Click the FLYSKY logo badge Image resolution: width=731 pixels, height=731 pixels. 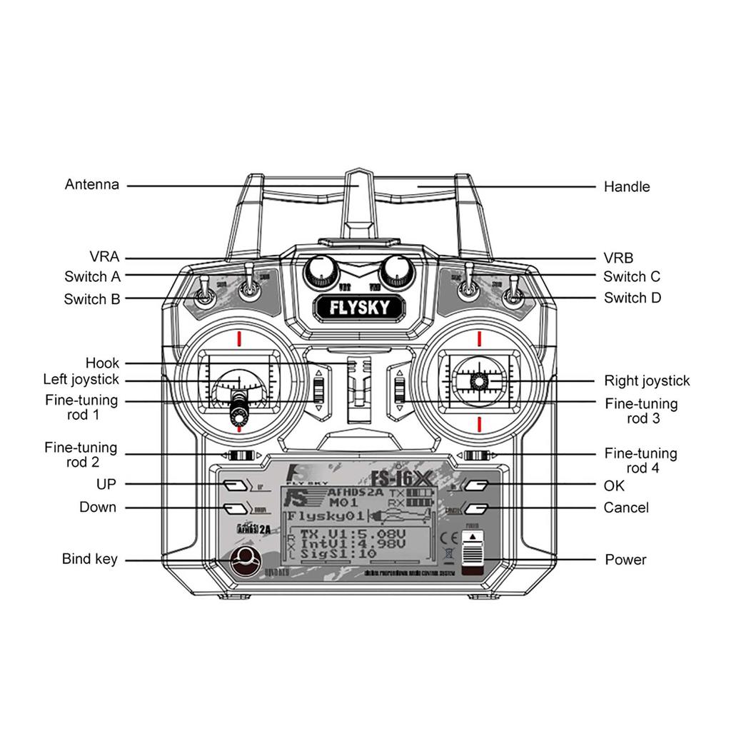pyautogui.click(x=359, y=308)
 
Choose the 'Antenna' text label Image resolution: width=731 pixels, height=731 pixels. pyautogui.click(x=92, y=185)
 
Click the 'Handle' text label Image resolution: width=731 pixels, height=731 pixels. pyautogui.click(x=627, y=187)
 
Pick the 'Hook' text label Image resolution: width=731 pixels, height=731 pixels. pyautogui.click(x=102, y=363)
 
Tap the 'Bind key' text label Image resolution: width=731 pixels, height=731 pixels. pyautogui.click(x=89, y=559)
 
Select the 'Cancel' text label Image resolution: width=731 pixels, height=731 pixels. pyautogui.click(x=626, y=508)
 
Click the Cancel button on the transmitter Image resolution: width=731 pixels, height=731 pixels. pyautogui.click(x=476, y=508)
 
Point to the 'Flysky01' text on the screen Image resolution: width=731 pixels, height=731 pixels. pyautogui.click(x=326, y=515)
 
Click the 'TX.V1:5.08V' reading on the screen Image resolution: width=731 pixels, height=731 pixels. pyautogui.click(x=354, y=534)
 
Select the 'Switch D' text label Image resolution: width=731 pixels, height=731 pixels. pyautogui.click(x=632, y=298)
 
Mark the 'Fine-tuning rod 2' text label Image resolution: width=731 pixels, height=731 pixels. pyautogui.click(x=81, y=455)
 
